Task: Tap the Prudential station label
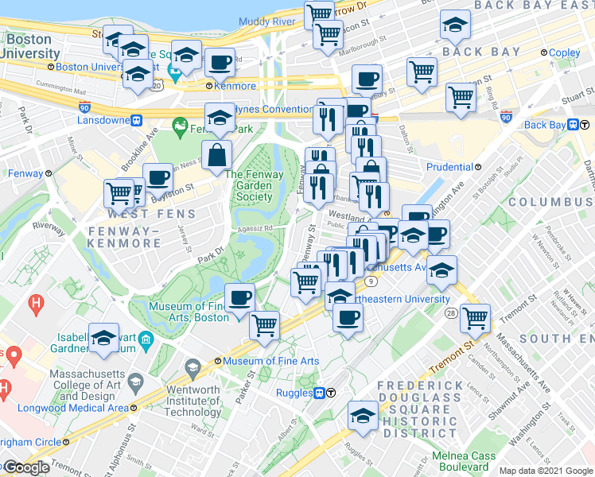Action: coord(450,167)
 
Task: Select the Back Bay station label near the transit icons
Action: coord(544,125)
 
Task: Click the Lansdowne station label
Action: coord(104,121)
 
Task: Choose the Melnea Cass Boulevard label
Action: coord(464,462)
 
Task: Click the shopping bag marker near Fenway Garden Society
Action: coord(217,156)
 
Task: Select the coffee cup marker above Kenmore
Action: coord(220,61)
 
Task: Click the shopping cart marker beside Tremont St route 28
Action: coord(475,316)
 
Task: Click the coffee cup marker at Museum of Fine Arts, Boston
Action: coord(239,297)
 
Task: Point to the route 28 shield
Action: coord(451,313)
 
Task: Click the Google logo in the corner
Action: coord(25,467)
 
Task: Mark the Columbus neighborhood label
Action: coord(550,202)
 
